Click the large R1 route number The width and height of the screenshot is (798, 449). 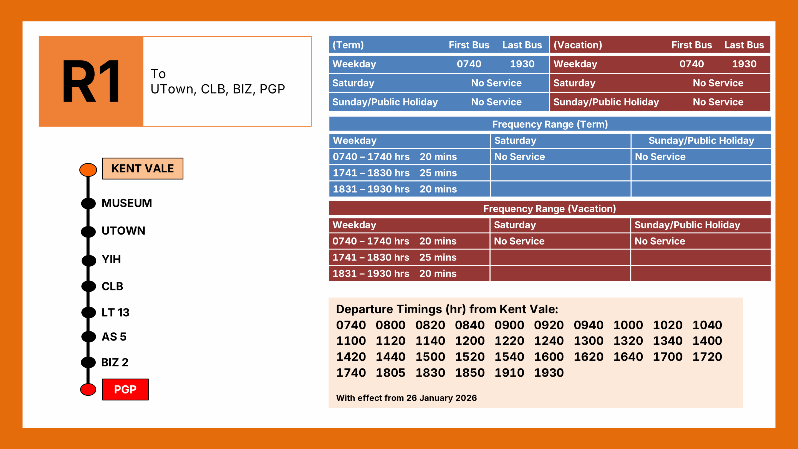click(x=91, y=81)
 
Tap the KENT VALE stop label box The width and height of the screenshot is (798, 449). click(x=143, y=168)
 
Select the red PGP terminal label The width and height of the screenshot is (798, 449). click(x=125, y=390)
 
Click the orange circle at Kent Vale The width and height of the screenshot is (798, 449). click(x=88, y=170)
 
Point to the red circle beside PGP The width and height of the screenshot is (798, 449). click(x=88, y=390)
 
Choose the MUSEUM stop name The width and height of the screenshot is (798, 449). click(x=127, y=203)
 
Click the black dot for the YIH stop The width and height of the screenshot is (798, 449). click(x=89, y=260)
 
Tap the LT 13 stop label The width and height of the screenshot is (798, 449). click(x=115, y=312)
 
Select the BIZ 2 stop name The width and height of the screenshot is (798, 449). click(x=115, y=362)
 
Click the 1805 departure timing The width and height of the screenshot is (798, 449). click(x=390, y=372)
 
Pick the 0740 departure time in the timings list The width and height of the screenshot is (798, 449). click(x=351, y=325)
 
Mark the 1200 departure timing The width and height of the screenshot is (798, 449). click(x=470, y=341)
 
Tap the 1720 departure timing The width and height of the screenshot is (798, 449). click(x=707, y=357)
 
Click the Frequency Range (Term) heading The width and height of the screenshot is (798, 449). click(x=550, y=124)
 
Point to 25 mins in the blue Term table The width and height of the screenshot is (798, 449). click(x=438, y=173)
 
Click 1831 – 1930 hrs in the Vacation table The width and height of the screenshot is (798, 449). click(x=371, y=273)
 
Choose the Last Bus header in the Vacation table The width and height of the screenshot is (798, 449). click(x=744, y=45)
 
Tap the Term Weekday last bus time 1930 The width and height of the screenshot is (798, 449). click(x=522, y=64)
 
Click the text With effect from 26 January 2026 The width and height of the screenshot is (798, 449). click(x=406, y=398)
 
